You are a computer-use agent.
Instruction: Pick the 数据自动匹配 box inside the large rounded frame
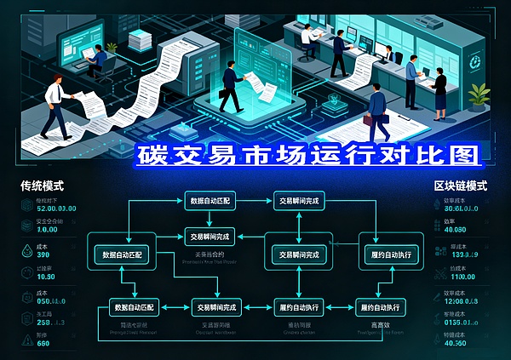pyautogui.click(x=124, y=254)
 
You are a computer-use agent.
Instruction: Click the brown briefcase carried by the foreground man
pyautogui.click(x=369, y=120)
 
